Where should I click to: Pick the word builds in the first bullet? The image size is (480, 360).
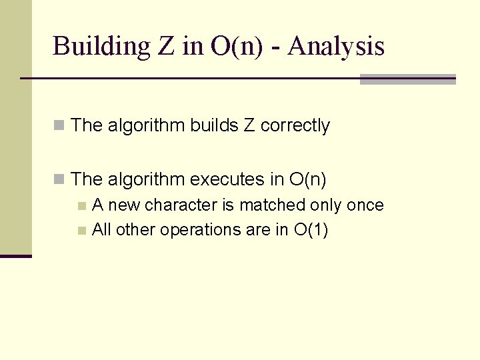(214, 125)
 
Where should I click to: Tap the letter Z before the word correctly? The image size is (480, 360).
(249, 125)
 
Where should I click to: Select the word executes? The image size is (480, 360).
(237, 179)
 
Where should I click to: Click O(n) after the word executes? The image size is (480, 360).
(307, 179)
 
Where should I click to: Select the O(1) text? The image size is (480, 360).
(311, 230)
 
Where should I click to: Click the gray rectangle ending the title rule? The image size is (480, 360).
(407, 79)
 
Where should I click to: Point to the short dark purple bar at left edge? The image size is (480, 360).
(16, 256)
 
